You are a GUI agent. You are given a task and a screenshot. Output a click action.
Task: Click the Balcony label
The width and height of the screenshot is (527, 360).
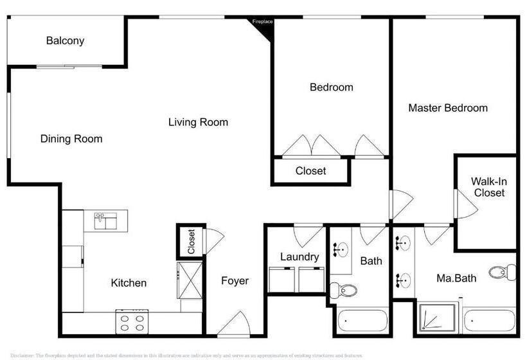tap(65, 41)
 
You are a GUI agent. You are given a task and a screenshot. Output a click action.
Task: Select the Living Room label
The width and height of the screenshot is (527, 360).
tap(198, 122)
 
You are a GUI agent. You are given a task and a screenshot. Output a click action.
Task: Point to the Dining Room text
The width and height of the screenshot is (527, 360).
tap(71, 139)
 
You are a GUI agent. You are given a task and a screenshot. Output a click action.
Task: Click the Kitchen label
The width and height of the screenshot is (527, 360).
tap(129, 283)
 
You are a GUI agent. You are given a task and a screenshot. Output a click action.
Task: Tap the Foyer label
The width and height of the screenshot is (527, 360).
tap(235, 281)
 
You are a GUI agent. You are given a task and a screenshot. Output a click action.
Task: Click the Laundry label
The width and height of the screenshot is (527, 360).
tap(299, 257)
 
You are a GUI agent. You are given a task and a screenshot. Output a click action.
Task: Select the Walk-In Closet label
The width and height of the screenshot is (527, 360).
tap(488, 187)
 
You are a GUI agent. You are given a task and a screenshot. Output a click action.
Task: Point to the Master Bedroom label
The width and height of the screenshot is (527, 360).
tap(448, 108)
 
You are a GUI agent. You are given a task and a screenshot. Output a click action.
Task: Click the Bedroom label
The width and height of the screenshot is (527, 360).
tap(331, 87)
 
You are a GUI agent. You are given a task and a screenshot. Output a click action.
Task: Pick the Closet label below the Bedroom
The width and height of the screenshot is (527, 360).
tap(310, 171)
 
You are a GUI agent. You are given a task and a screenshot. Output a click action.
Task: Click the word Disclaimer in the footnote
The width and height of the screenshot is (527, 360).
tap(22, 355)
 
